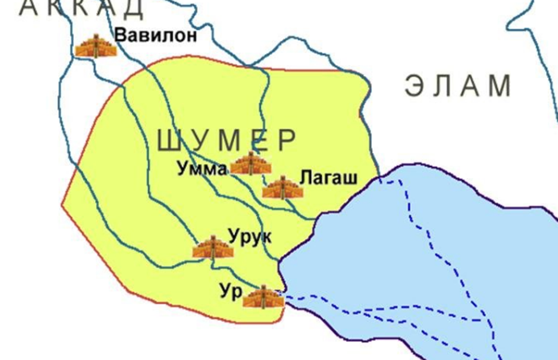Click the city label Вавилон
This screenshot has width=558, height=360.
coord(156,36)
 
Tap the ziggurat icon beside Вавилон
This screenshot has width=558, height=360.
coord(96,46)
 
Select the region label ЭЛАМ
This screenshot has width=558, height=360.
coord(458,87)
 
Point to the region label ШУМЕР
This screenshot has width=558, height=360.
coord(227,141)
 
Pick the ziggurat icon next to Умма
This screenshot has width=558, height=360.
coord(250,164)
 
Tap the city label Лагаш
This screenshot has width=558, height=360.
coord(328,178)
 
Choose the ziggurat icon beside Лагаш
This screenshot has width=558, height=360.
coord(282,188)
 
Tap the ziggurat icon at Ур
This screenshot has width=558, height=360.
coord(263,297)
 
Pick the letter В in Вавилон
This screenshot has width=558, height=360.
coord(121,36)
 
